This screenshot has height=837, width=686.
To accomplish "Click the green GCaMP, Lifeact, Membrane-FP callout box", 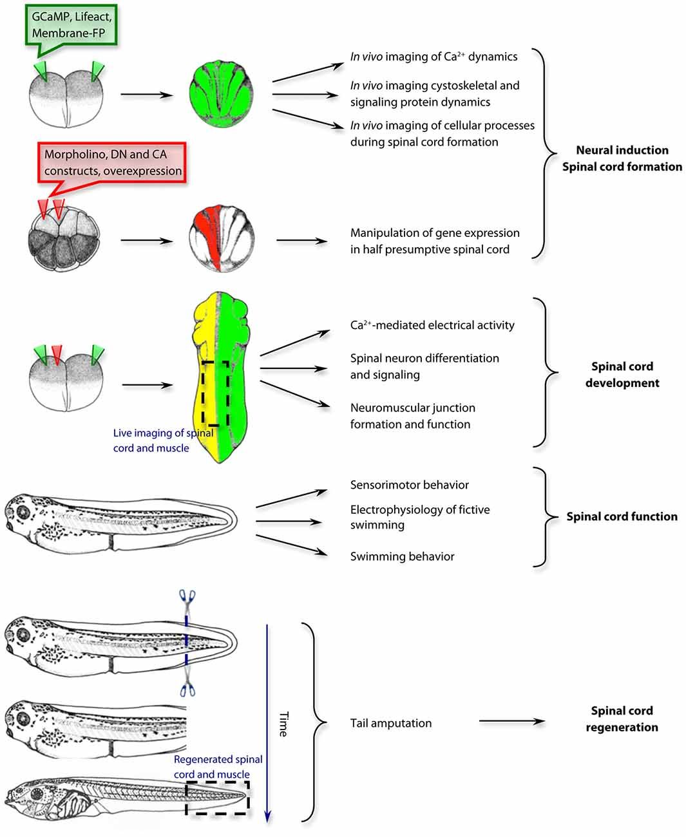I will tap(71, 25).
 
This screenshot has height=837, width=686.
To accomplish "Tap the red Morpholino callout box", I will tap(113, 162).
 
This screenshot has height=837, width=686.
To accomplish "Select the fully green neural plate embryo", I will tap(221, 94).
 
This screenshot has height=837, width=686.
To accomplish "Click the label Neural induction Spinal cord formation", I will tap(622, 158).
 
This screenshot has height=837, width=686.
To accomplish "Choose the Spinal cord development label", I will tap(622, 375).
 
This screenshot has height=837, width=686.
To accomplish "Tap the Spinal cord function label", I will tap(622, 516).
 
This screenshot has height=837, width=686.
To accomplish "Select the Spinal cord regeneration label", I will tap(622, 719).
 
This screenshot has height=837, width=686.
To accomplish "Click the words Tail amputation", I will tap(390, 723).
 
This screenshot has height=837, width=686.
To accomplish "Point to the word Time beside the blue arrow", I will tap(283, 724).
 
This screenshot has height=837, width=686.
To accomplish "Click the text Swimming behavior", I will tap(402, 556).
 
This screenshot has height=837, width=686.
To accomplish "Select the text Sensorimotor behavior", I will tap(409, 485).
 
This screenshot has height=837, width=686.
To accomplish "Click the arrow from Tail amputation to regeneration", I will tap(511, 722).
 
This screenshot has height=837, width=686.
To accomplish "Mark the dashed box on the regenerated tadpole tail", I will tap(217, 798).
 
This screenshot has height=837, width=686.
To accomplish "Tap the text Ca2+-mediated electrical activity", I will tap(432, 325).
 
